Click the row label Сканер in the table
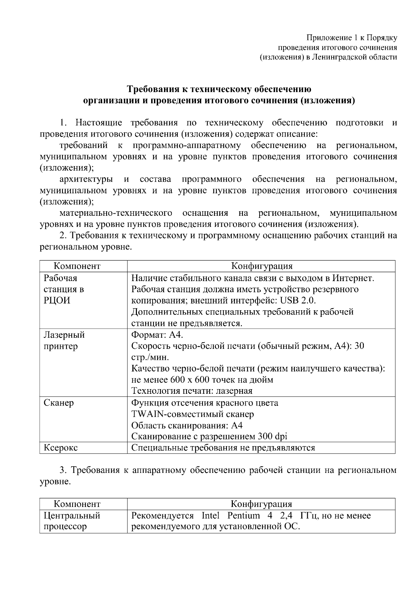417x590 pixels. [59, 403]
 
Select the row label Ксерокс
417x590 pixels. [61, 448]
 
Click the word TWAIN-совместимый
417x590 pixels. [178, 414]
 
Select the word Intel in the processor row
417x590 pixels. [211, 515]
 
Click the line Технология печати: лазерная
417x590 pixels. [192, 391]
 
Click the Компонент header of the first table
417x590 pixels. [77, 266]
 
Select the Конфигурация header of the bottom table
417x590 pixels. [261, 504]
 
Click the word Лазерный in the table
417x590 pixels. [64, 335]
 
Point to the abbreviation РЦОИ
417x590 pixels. [57, 300]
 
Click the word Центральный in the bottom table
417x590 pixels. [72, 515]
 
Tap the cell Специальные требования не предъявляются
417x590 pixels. [223, 448]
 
